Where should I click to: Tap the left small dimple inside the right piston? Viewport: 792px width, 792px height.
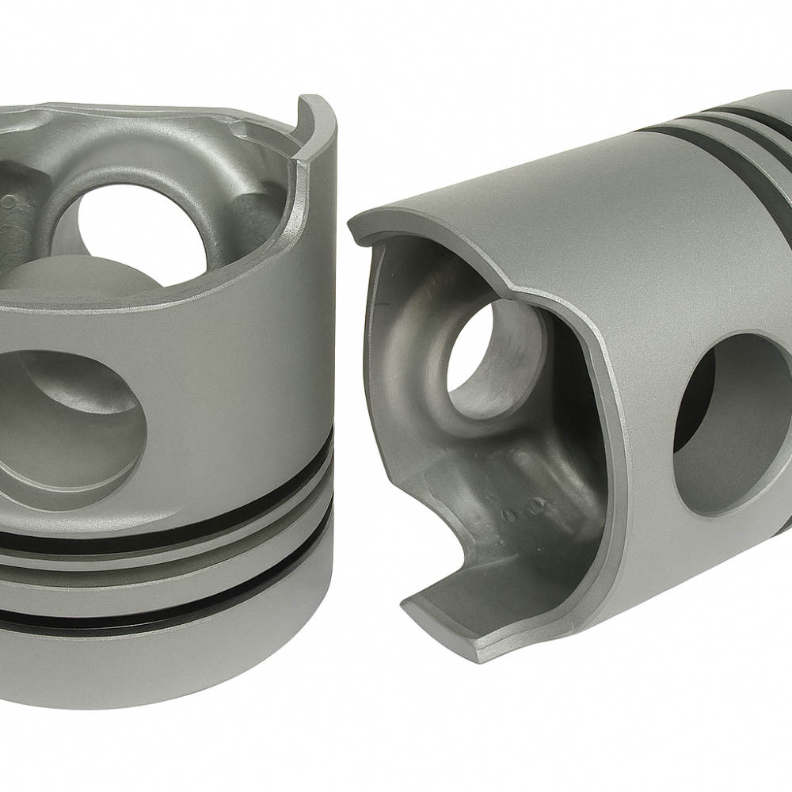(509, 514)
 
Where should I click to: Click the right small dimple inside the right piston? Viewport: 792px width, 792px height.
(539, 504)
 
